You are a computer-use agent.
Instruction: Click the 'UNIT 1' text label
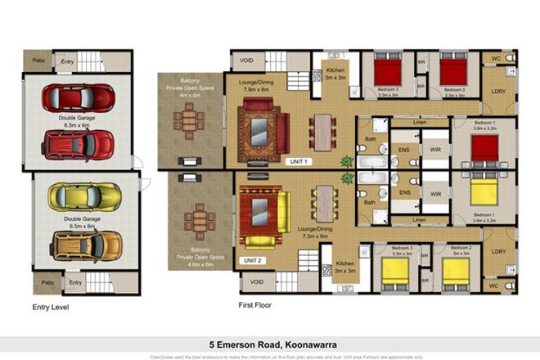coord(296,162)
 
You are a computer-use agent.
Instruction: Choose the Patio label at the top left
coord(38,60)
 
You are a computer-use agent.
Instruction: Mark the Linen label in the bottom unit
coord(420,220)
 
